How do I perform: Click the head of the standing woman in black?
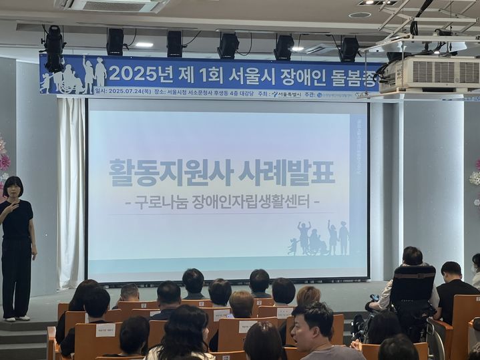[x=13, y=186]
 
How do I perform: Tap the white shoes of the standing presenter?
[x=16, y=318]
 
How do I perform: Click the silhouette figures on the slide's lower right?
[x=319, y=238]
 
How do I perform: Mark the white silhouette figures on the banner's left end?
[x=73, y=75]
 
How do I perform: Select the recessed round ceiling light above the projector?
[x=360, y=15]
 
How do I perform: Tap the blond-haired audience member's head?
[x=308, y=296]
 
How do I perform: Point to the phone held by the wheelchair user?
[x=375, y=298]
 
